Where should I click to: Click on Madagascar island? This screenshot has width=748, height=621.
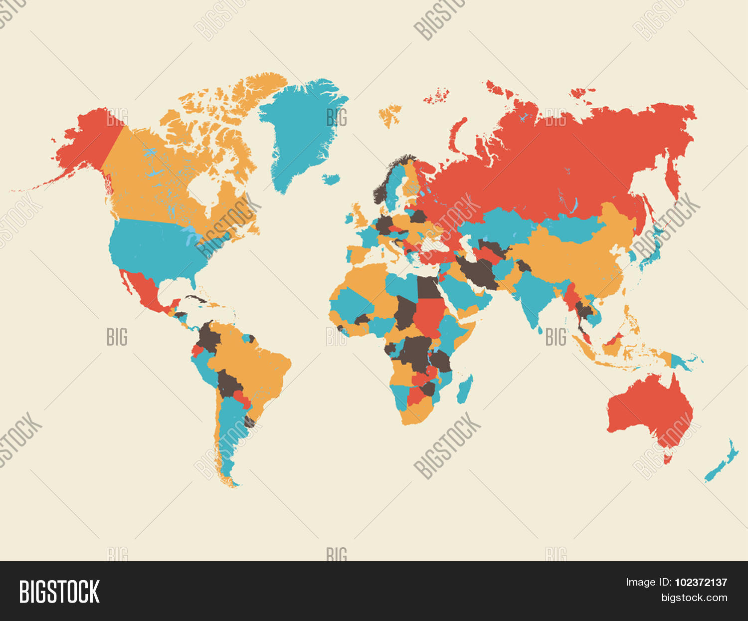(465, 389)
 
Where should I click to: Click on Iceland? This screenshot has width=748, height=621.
(331, 178)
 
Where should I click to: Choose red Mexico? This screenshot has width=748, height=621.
(147, 292)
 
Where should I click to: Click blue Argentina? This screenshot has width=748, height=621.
(229, 429)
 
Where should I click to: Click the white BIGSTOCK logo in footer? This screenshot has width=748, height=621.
(59, 592)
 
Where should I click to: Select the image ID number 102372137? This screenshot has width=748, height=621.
(701, 582)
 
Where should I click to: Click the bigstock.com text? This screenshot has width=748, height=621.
(694, 598)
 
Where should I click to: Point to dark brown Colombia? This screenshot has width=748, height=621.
(209, 339)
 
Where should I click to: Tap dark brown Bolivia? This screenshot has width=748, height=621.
(229, 384)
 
